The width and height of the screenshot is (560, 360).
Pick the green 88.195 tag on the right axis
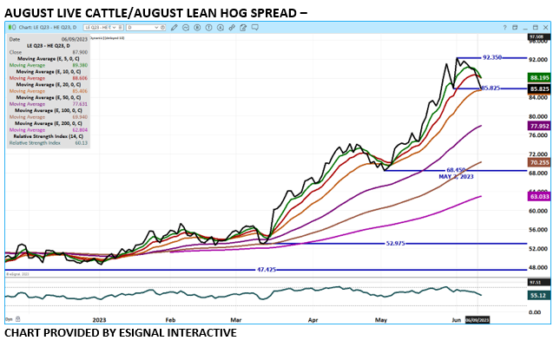(x=539, y=77)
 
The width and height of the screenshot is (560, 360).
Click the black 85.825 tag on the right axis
(x=539, y=88)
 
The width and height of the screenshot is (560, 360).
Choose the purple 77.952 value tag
(x=539, y=126)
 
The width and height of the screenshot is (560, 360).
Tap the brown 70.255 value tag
(x=539, y=162)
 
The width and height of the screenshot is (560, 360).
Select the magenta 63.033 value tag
(x=539, y=197)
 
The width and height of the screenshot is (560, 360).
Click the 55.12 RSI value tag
(x=539, y=296)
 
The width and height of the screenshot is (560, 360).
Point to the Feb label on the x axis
(x=170, y=319)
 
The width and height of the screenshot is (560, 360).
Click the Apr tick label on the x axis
(x=313, y=319)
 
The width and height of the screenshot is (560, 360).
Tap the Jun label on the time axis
(x=457, y=319)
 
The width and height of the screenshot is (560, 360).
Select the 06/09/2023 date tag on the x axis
(x=479, y=320)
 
